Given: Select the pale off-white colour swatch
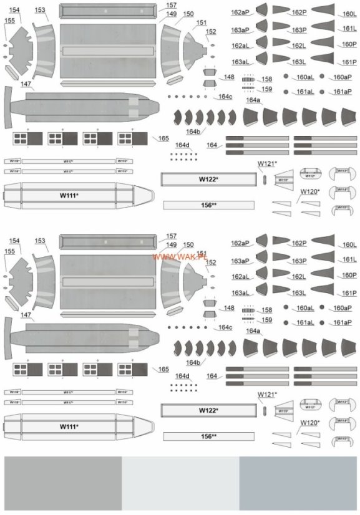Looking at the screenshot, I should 180,483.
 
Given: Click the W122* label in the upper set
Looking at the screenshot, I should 208,180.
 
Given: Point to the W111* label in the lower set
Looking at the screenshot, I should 69,426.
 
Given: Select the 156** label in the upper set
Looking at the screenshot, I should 208,205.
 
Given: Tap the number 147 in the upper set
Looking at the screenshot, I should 26,84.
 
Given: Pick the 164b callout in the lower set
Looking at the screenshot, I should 193,362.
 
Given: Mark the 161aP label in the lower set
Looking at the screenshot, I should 342,322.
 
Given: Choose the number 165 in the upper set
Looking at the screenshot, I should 163,138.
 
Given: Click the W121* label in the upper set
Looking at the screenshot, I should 267,163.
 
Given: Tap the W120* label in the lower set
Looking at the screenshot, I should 309,422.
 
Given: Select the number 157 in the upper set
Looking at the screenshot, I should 172,6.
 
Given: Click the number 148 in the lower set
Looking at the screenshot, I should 230,308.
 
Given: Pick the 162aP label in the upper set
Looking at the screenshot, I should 240,12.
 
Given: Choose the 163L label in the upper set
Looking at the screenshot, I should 299,62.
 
